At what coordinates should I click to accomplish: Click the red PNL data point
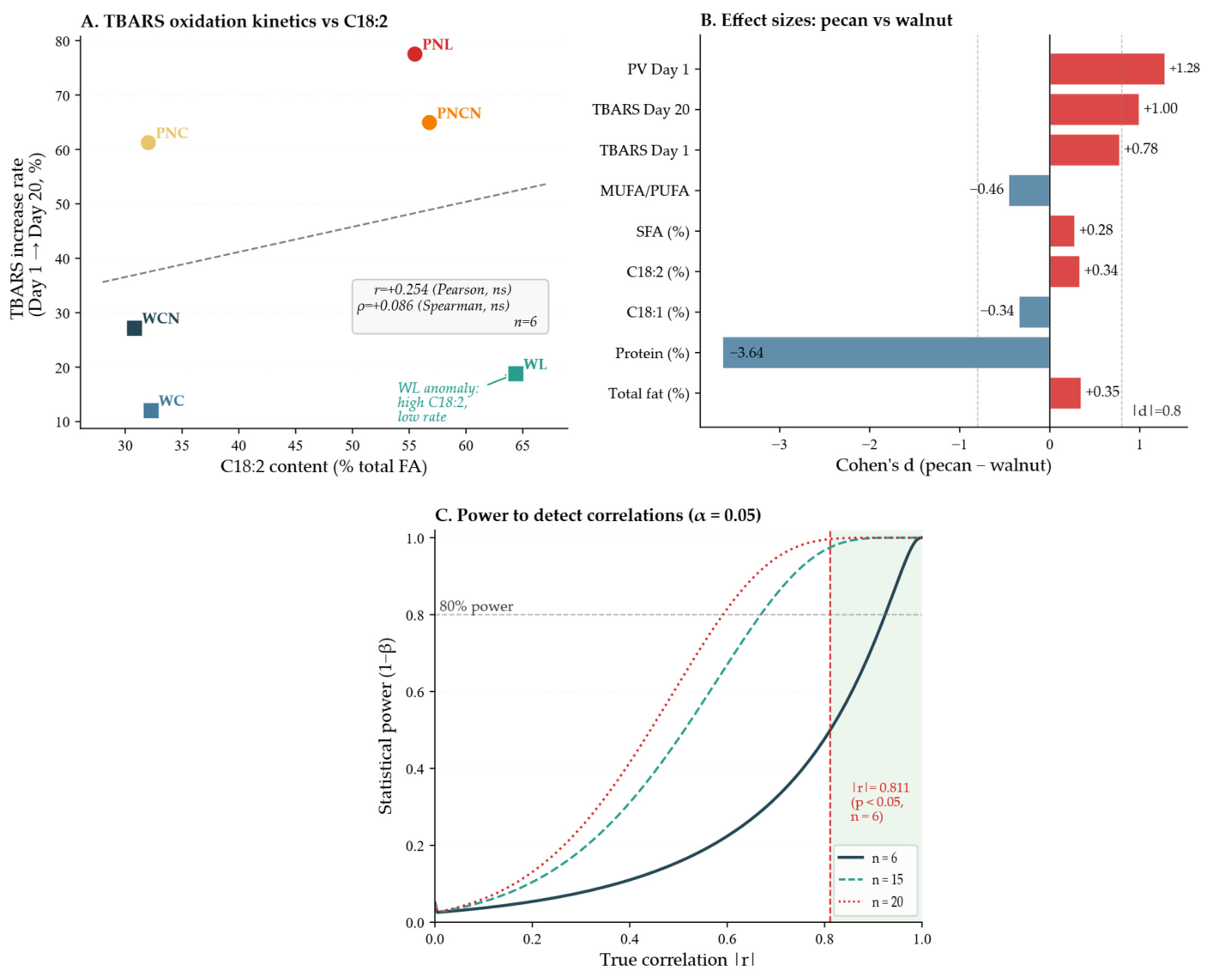pos(414,54)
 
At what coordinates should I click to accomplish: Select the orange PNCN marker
pos(429,122)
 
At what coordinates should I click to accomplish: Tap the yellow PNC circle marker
pos(148,143)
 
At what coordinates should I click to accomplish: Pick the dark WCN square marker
pos(135,328)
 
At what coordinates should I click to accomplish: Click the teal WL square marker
pos(515,373)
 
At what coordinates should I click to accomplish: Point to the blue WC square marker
pos(151,410)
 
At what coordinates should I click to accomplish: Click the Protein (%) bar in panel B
pos(885,352)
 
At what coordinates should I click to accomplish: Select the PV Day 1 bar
pos(1107,69)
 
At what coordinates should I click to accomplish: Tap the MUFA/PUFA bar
pos(1029,190)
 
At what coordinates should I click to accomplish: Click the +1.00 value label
pos(1160,108)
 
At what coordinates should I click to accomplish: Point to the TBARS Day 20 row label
pos(641,109)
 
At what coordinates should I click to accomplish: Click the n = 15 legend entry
pos(871,879)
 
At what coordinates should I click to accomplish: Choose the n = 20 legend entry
pos(871,901)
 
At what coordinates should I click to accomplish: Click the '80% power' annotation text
pos(476,606)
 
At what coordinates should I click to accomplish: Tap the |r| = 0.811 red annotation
pos(879,801)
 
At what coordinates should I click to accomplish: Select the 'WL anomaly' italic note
pos(438,402)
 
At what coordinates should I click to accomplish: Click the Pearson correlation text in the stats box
pos(443,289)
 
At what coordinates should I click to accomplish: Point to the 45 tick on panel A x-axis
pos(295,446)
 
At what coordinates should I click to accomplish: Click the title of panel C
pos(598,515)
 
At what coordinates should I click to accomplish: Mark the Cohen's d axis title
pos(943,465)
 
